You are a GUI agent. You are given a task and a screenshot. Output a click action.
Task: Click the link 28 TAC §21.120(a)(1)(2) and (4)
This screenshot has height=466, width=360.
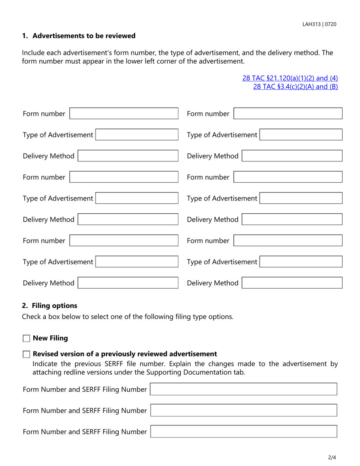290,78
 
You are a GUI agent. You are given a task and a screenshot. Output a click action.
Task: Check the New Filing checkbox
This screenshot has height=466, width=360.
26,339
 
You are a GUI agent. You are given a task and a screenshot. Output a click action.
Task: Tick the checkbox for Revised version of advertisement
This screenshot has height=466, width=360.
26,355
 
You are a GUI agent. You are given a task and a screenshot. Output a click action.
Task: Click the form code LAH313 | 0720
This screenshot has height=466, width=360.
319,24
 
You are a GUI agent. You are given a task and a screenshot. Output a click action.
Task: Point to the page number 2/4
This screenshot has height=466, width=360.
332,458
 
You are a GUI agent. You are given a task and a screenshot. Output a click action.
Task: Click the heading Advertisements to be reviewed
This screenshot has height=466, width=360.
84,36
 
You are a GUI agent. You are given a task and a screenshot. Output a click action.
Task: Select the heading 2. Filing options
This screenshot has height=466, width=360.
50,305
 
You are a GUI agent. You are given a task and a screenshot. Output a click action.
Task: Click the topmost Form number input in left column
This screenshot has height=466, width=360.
124,114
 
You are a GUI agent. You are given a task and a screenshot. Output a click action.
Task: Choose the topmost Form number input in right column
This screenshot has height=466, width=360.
288,114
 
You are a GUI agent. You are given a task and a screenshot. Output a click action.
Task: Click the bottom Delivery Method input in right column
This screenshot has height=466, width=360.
292,283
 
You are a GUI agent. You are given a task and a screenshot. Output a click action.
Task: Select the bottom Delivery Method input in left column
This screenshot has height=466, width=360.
128,283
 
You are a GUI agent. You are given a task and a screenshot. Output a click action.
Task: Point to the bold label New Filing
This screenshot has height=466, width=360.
50,339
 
